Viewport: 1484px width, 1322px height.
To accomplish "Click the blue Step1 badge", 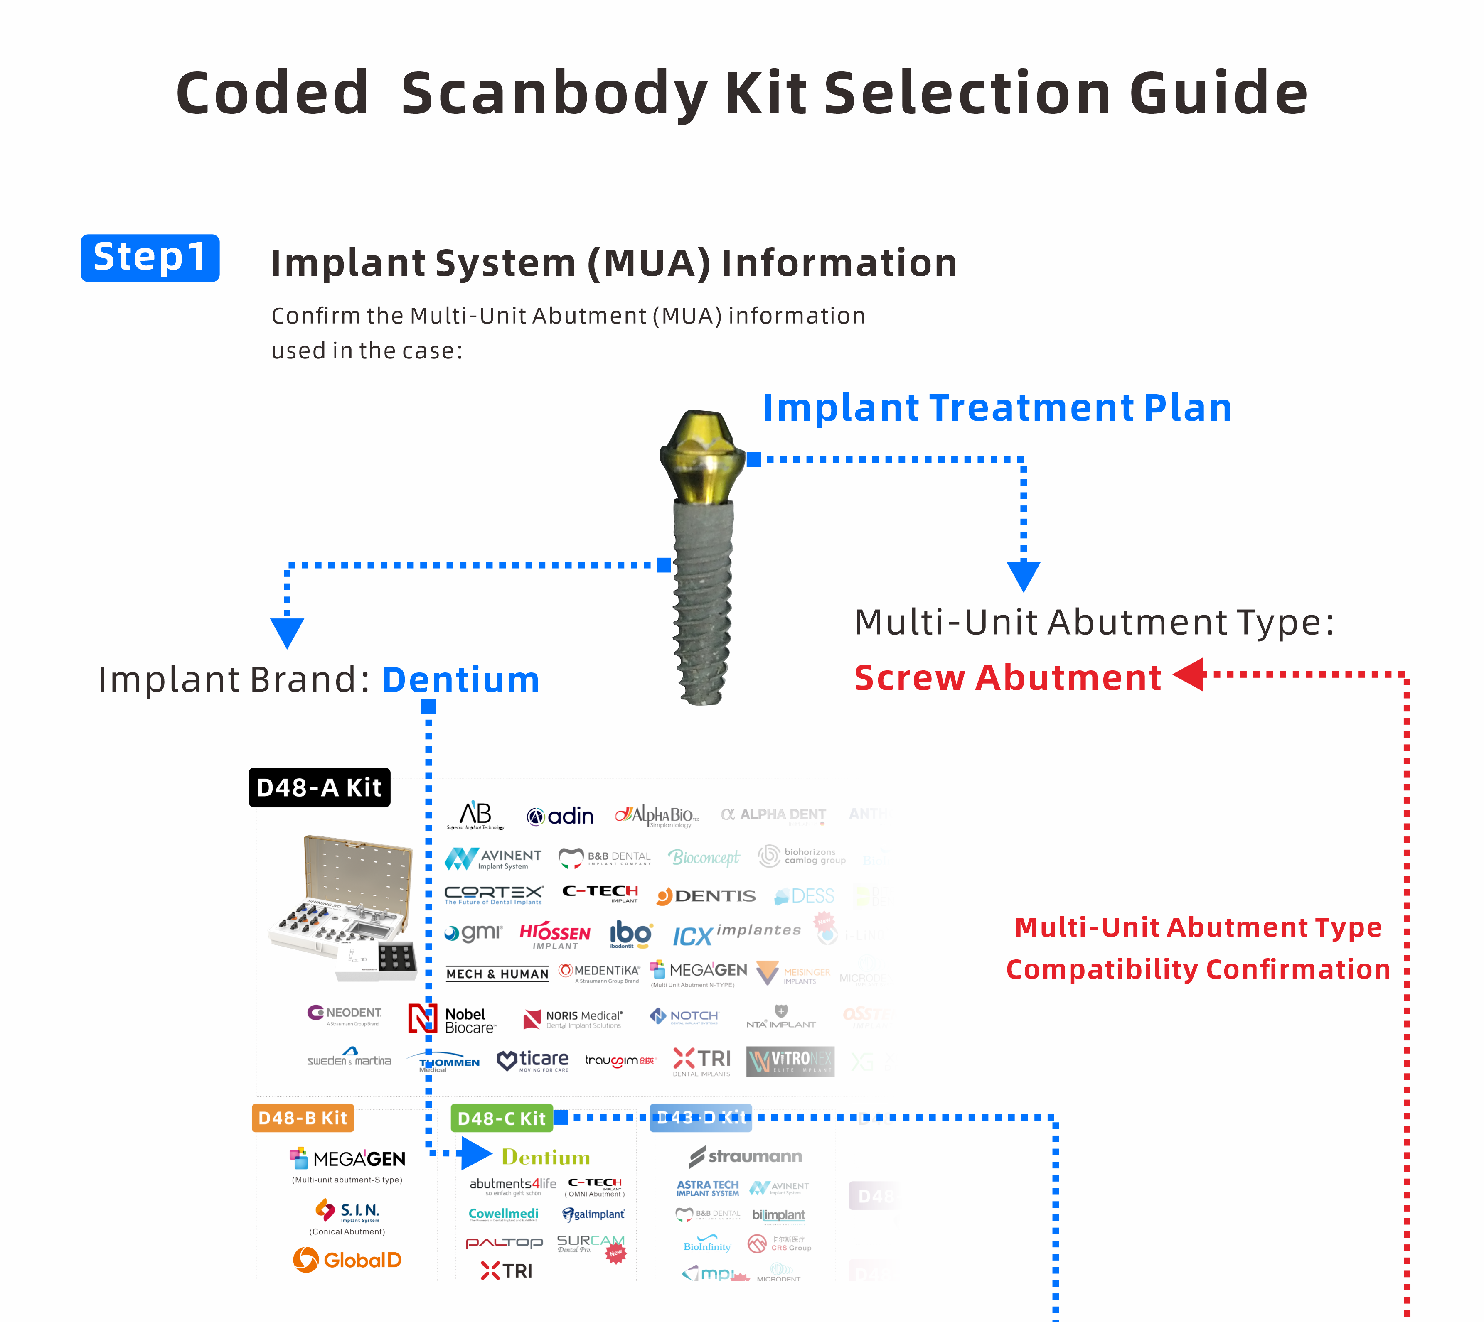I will coord(150,258).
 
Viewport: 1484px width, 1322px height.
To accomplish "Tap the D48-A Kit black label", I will coord(319,787).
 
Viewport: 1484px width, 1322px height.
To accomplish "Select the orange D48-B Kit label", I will coord(302,1118).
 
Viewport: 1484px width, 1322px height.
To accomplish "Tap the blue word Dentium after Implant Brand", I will coord(461,680).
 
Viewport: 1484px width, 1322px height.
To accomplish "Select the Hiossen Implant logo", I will coord(554,935).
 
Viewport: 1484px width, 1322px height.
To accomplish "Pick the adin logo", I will coord(560,817).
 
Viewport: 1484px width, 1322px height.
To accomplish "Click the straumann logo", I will coord(746,1156).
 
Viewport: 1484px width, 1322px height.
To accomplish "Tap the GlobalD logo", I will coord(347,1260).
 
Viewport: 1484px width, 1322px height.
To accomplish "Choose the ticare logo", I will coord(533,1060).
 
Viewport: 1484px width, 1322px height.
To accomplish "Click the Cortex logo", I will coord(493,894).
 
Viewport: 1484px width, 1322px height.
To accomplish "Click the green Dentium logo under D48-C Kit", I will coord(545,1157).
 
